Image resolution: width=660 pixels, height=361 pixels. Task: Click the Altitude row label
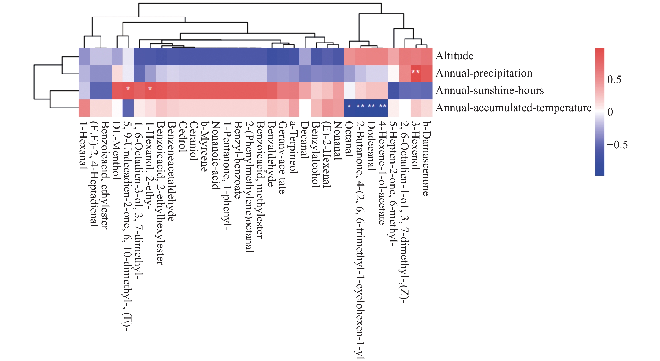454,56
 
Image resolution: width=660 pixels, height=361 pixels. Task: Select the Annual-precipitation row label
484,73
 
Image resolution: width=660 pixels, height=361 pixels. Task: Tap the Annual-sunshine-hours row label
489,91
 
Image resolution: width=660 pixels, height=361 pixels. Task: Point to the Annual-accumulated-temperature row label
514,108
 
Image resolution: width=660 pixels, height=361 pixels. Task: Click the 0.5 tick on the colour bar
614,79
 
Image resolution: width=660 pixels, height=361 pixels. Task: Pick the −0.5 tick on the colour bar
617,145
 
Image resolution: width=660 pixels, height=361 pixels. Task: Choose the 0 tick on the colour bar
610,112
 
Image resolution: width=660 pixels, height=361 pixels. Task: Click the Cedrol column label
182,137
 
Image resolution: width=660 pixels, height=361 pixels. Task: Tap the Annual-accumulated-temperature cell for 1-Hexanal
84,108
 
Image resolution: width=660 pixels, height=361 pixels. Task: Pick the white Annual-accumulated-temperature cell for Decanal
305,108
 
